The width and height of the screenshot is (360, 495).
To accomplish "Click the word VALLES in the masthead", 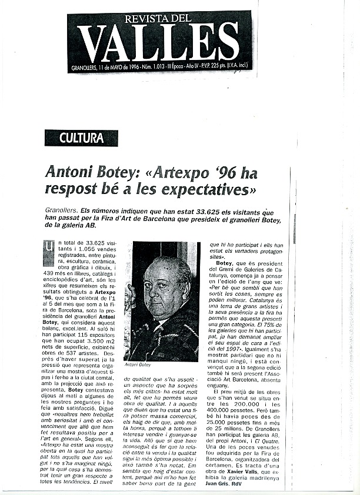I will pos(158,42).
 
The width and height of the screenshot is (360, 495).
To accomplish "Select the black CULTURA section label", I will pos(81,138).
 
